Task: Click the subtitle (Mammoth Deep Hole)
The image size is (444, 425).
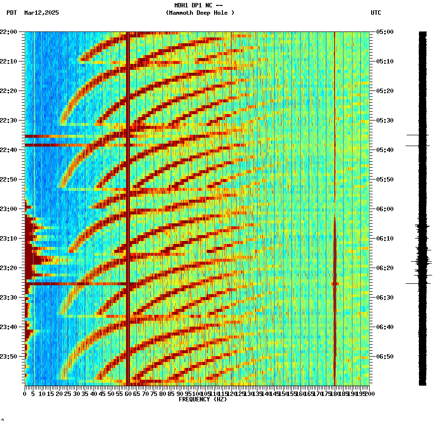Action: tap(200, 13)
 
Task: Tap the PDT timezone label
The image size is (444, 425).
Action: tap(11, 13)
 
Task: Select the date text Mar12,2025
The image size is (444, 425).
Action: tap(41, 13)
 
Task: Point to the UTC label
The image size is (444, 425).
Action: tap(376, 13)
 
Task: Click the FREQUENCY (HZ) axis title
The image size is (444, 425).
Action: tap(203, 399)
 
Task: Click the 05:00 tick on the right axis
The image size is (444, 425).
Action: tap(385, 32)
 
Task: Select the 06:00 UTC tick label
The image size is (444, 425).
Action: tap(385, 209)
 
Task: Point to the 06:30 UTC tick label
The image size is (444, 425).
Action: tap(385, 298)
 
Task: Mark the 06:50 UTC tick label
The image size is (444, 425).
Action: tap(385, 357)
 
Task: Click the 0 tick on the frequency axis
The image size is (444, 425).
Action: tap(25, 394)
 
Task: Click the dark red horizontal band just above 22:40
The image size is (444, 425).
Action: tap(74, 145)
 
